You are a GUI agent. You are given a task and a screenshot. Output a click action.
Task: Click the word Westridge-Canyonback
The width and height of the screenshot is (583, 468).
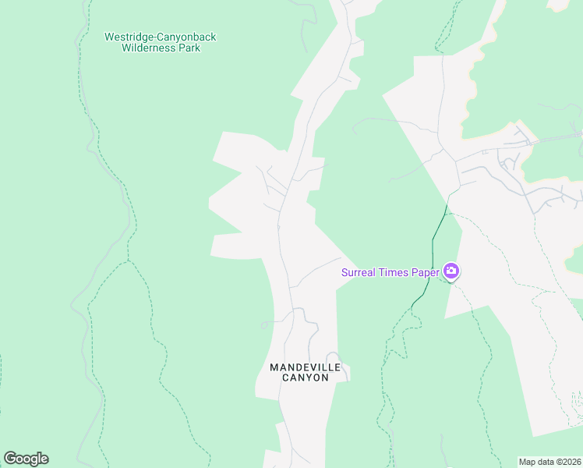[161, 37]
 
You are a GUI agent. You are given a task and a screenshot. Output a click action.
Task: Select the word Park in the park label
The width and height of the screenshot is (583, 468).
[189, 48]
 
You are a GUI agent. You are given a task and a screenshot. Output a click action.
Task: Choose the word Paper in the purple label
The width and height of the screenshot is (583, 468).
[426, 272]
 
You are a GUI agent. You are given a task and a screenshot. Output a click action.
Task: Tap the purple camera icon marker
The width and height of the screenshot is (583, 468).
[451, 271]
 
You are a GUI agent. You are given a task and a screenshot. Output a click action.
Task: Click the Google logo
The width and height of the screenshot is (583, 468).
[26, 459]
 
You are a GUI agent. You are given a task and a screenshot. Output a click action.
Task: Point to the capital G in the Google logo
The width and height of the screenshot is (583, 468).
[9, 459]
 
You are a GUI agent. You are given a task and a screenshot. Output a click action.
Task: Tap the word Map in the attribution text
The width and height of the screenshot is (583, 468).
[528, 462]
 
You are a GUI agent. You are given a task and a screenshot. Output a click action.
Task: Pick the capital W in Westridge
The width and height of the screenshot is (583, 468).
[109, 37]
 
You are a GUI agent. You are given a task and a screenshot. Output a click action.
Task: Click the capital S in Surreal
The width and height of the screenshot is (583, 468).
[344, 272]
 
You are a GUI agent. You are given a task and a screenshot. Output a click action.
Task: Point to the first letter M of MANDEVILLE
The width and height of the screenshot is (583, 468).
[274, 367]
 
